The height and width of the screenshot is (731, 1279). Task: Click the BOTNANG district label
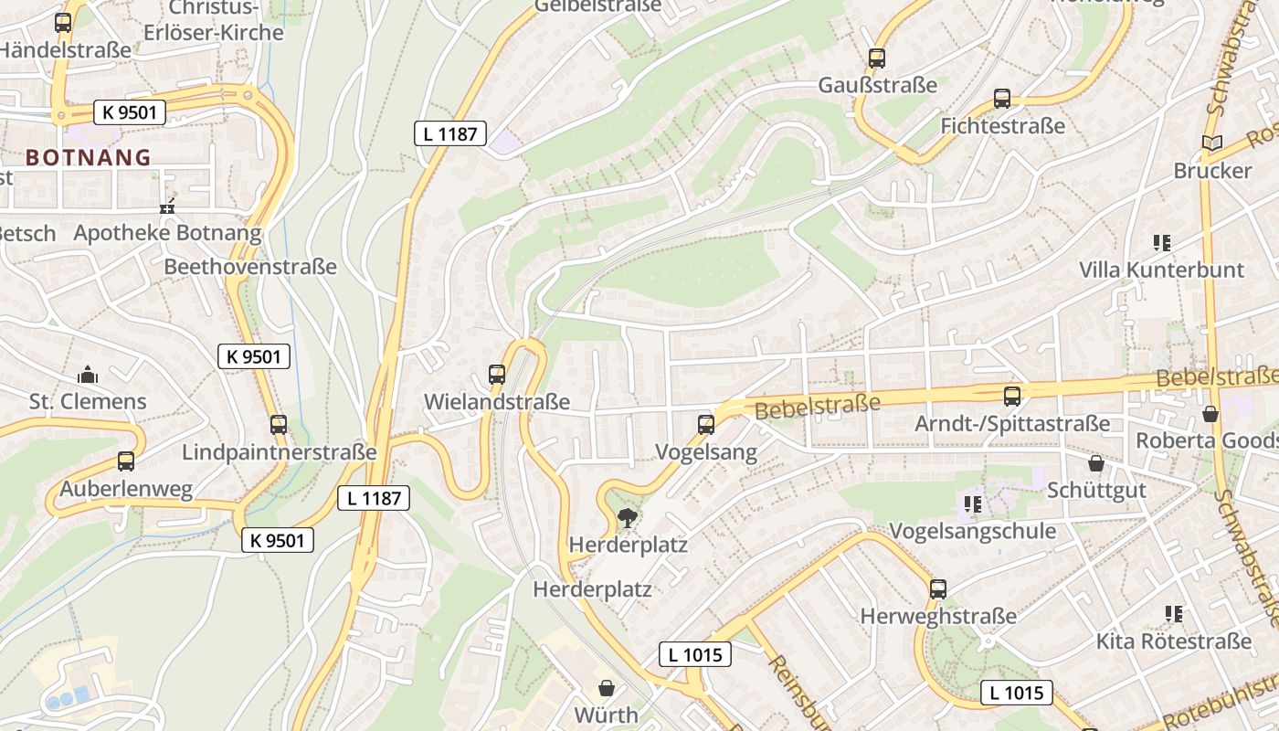point(88,157)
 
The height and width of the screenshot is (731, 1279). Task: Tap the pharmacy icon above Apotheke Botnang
point(167,207)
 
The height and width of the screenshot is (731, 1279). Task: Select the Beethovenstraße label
point(250,267)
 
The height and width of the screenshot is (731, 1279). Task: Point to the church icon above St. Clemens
point(88,375)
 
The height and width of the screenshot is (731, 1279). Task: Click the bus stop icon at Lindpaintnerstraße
point(279,425)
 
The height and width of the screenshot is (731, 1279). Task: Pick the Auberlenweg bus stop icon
point(126,461)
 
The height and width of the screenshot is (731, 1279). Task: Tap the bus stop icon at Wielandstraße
point(497,375)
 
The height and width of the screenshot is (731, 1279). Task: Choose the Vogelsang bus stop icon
point(706,425)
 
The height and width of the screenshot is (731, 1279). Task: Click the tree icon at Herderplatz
point(628,519)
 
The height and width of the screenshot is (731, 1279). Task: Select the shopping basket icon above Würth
point(607,688)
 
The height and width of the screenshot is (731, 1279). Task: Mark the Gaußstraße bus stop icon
point(877,58)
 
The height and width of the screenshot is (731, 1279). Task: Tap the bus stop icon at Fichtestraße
point(1002,99)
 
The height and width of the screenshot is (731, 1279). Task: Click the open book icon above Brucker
point(1212,143)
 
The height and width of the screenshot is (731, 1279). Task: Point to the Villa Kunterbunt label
point(1161,270)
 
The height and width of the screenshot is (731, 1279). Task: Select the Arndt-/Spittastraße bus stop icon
point(1012,397)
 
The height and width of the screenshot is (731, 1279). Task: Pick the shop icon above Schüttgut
point(1096,463)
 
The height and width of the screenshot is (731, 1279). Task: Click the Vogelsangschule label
point(972,531)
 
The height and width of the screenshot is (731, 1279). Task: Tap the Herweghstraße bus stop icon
point(938,589)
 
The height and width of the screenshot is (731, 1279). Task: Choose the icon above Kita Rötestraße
point(1174,614)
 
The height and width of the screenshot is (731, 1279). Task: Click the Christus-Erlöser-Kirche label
point(214,20)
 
